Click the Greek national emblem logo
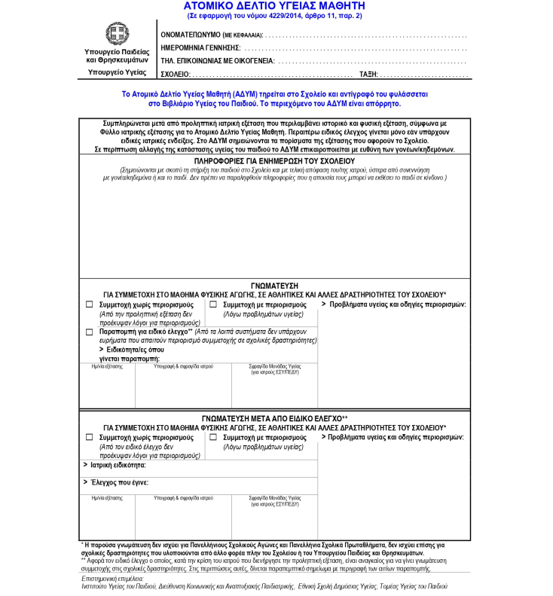[x=117, y=34]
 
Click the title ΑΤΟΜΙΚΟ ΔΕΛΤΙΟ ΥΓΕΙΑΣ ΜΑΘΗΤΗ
[x=274, y=5]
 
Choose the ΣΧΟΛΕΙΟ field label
[x=176, y=74]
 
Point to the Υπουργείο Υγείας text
[x=117, y=72]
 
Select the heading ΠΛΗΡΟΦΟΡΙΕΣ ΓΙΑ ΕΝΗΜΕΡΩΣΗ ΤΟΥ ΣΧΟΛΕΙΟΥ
[x=274, y=160]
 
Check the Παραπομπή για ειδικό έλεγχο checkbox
[x=90, y=332]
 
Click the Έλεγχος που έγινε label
[x=119, y=482]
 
